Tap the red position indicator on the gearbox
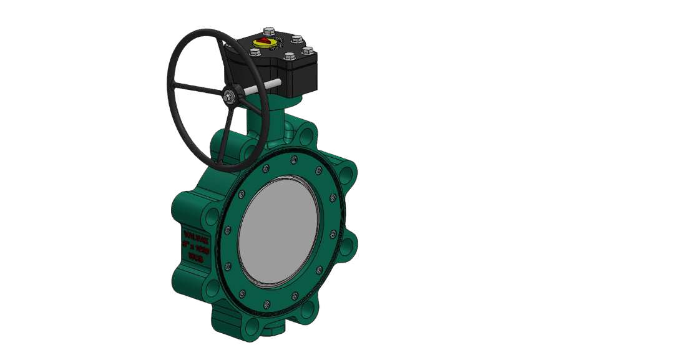coord(265,42)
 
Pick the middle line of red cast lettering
coord(190,245)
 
